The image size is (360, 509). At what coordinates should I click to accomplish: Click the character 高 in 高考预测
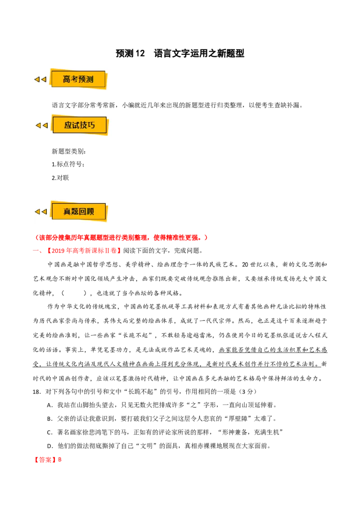point(67,80)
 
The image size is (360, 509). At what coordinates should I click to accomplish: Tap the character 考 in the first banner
point(75,80)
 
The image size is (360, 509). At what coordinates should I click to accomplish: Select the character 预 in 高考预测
point(82,80)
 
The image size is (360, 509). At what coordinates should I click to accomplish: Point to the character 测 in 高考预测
point(90,80)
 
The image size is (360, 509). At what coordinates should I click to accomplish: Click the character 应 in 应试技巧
point(68,125)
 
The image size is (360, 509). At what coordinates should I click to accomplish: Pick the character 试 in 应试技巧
point(76,125)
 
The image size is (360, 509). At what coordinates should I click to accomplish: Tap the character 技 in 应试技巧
point(84,125)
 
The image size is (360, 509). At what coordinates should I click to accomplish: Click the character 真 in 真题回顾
point(67,212)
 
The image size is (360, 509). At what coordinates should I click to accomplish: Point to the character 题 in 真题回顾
point(75,212)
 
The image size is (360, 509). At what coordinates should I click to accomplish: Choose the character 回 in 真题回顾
point(83,212)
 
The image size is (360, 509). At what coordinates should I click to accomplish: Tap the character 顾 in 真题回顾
point(90,212)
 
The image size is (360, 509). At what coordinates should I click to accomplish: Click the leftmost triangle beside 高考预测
point(37,80)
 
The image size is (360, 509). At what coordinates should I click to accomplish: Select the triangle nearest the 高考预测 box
point(44,80)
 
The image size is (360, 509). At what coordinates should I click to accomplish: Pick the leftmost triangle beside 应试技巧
point(38,125)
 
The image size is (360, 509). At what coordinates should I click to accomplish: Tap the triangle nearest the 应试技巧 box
point(45,125)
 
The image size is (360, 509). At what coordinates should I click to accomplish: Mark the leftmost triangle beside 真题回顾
point(37,212)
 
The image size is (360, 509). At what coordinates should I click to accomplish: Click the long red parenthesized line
point(121,237)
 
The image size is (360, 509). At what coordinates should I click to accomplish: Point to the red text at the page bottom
point(49,460)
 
